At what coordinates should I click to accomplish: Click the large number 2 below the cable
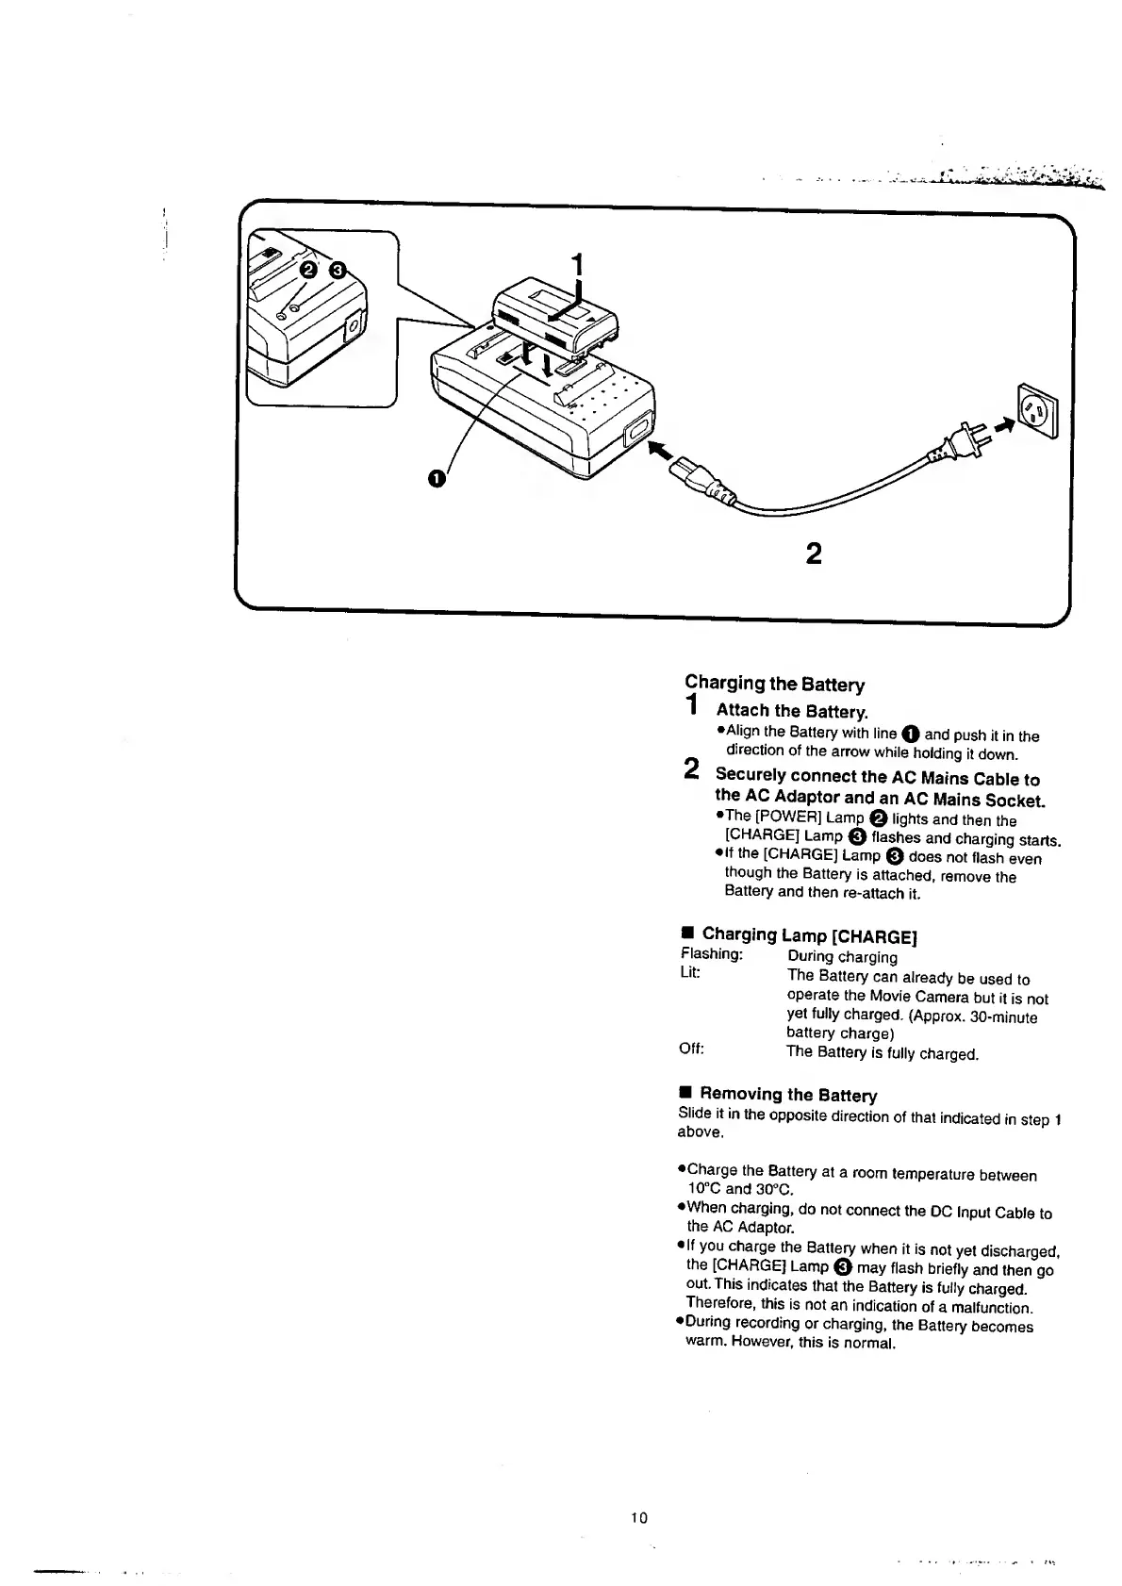click(x=815, y=553)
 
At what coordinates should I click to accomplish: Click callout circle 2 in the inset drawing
click(x=307, y=273)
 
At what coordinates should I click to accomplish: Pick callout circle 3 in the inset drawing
click(x=338, y=273)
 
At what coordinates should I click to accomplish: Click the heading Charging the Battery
click(x=774, y=684)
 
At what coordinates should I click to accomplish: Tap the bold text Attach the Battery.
click(x=791, y=711)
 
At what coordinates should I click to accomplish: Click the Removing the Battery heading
click(x=787, y=1095)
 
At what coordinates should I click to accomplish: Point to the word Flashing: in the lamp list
click(x=711, y=954)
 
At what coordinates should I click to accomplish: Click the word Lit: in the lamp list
click(x=689, y=972)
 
